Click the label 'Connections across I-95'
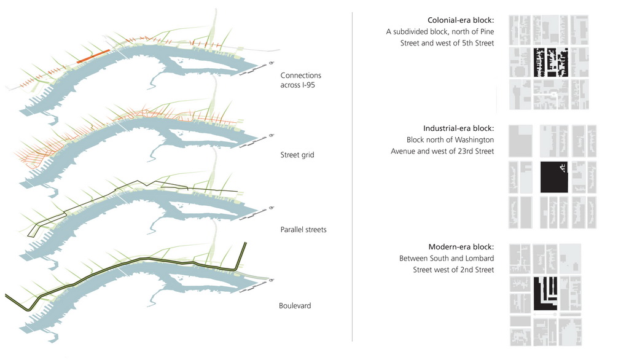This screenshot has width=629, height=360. [x=300, y=80]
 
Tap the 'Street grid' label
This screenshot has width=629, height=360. [x=297, y=155]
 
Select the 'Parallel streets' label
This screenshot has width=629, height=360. [x=303, y=230]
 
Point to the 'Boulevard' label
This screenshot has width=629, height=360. [x=295, y=305]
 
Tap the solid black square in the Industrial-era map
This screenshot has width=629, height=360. [x=552, y=178]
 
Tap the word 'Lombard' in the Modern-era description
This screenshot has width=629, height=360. [x=479, y=258]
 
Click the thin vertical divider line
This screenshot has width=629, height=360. [x=352, y=178]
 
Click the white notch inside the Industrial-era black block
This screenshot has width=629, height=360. [x=561, y=166]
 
